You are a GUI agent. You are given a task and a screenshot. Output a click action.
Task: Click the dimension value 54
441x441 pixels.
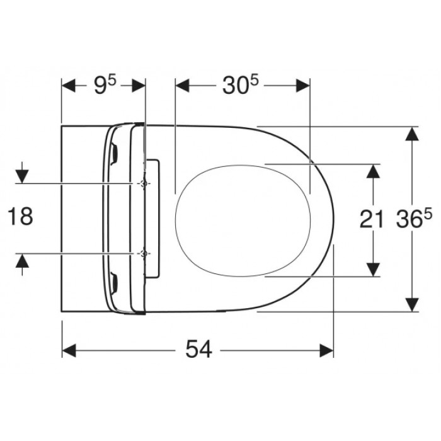coord(198,349)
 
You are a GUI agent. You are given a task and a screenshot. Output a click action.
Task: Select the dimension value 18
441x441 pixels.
coord(20,216)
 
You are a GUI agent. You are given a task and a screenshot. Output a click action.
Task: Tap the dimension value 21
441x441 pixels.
coord(372,219)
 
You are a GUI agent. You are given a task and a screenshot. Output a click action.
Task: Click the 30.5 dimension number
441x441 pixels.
coord(241,85)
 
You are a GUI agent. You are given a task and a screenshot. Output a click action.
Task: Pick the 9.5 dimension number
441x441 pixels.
coord(105,85)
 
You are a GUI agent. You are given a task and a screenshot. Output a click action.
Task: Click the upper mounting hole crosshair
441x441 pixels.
coord(144,183)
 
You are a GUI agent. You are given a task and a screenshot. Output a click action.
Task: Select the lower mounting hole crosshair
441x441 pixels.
coord(144,253)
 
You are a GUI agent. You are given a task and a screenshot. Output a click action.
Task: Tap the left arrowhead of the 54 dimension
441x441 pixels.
coord(69,350)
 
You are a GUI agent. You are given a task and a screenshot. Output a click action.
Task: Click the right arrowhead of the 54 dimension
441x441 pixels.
coord(326,350)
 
